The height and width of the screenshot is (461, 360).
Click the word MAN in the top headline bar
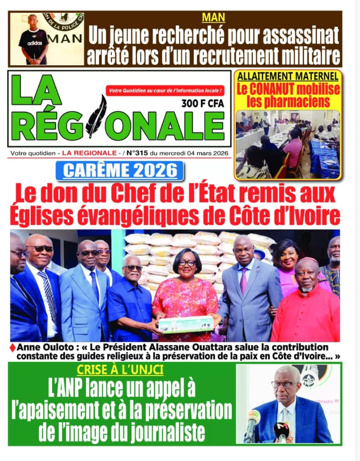point(214,18)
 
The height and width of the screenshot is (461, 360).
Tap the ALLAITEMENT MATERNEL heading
point(288,77)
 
